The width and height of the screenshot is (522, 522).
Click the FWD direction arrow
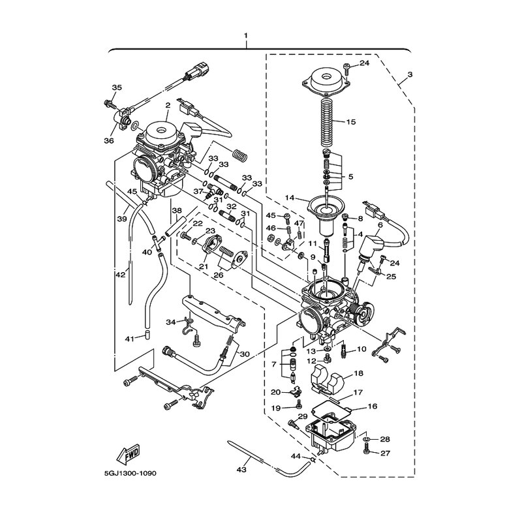coord(129,455)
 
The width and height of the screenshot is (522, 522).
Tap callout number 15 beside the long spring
coord(351,122)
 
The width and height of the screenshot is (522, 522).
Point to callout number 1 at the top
coord(246,35)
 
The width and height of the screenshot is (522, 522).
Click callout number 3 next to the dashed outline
coord(410,74)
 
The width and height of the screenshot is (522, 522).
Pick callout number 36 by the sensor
coord(109,141)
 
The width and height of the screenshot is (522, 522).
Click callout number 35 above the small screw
coord(117,88)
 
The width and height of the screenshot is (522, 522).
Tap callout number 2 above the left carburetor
coord(168,105)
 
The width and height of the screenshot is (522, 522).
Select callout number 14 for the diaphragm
coord(290,198)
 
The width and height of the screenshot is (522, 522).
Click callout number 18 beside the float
coord(358,373)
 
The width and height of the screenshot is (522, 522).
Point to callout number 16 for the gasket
coord(373,406)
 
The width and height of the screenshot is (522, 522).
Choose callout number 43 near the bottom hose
coord(241,470)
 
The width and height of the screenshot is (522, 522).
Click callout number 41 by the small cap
coord(129,339)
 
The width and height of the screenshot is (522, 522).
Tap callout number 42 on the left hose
coord(121,275)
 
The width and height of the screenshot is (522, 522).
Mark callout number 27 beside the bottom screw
coord(385,453)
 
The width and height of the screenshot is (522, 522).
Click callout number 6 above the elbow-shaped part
coord(380,225)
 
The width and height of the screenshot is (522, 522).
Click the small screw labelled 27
coord(367,452)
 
